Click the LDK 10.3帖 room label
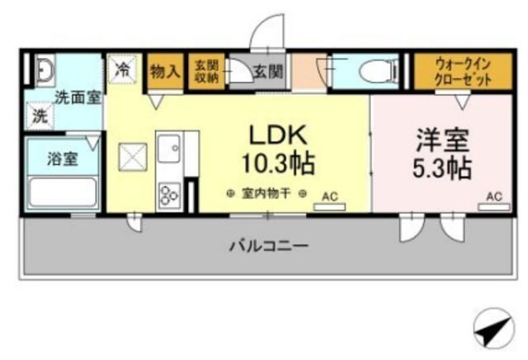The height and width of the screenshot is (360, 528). (x=278, y=149)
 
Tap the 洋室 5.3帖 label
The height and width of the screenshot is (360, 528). (x=442, y=154)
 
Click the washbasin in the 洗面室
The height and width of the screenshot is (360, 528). (x=45, y=70)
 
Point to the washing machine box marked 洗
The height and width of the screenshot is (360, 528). (x=40, y=116)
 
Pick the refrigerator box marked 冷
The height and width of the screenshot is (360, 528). (x=122, y=69)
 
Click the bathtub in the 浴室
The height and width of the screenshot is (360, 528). (x=63, y=192)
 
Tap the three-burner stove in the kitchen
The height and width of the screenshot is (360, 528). (x=169, y=195)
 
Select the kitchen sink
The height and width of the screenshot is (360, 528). (x=169, y=149)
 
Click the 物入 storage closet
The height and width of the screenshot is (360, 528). (x=165, y=71)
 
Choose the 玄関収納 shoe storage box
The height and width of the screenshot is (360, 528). (x=206, y=71)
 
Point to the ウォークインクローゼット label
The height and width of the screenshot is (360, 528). (x=463, y=72)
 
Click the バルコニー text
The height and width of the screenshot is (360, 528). (x=269, y=246)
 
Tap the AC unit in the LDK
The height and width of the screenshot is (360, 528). (x=330, y=207)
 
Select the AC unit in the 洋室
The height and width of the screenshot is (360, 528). (x=494, y=207)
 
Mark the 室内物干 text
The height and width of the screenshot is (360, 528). (x=266, y=194)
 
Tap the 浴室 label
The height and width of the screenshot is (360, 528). (x=63, y=159)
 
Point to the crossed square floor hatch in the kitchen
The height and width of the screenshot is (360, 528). (x=133, y=157)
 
